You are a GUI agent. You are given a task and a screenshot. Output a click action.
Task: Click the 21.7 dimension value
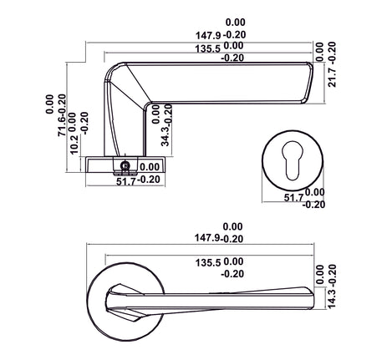coord(332,78)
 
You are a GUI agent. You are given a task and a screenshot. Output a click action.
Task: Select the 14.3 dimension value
coord(332,299)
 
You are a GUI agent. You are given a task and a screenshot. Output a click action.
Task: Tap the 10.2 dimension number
coord(74,145)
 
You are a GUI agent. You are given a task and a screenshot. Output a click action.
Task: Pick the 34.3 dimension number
coord(166,137)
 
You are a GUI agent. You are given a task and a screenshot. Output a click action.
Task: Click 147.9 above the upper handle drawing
coord(208,36)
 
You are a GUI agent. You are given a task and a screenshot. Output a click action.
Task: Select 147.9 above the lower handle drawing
coord(207,238)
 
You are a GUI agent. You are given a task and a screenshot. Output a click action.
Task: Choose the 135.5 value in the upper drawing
coord(208,49)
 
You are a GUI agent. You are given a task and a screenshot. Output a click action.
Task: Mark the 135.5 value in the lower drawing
coord(208,263)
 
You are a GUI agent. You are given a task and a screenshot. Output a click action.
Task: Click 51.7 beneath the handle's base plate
coord(125,182)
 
